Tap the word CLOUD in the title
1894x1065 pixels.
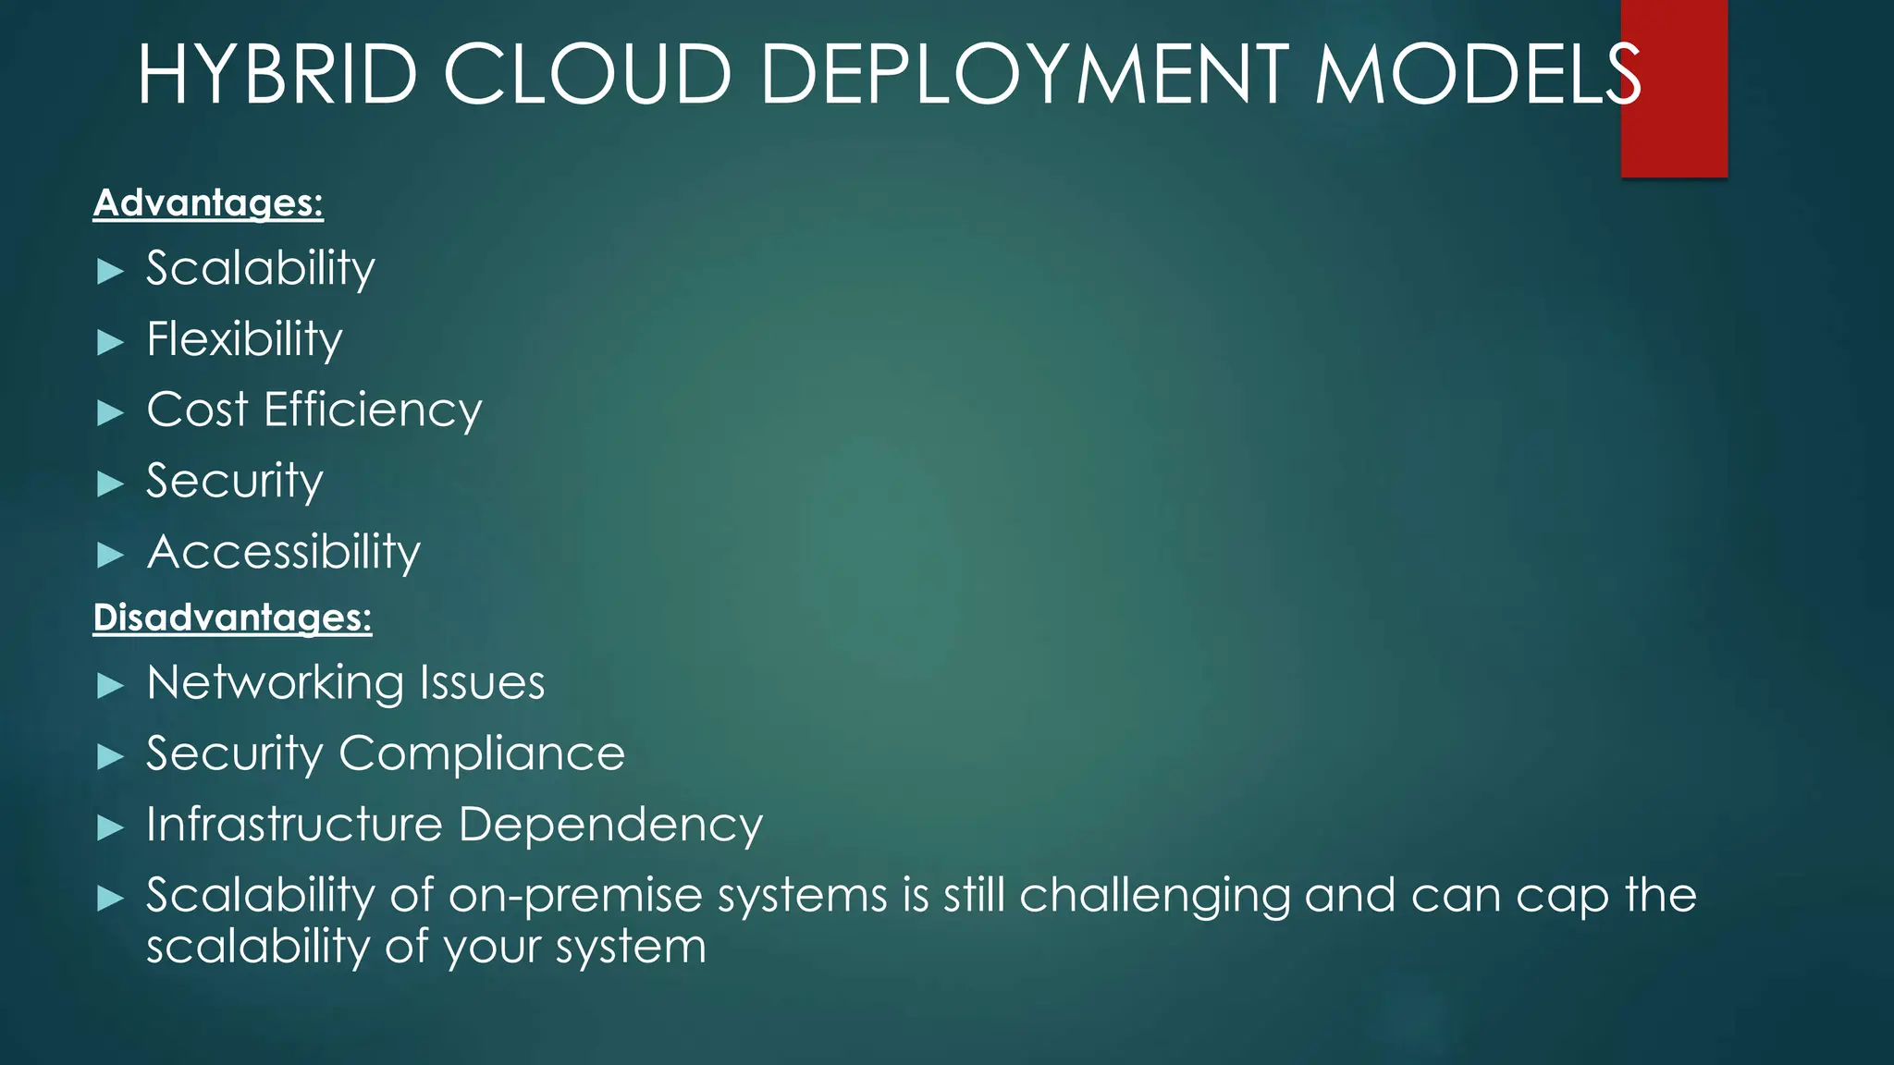pos(588,74)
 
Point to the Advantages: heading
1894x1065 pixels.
pos(208,203)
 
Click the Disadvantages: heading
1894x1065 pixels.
pos(232,618)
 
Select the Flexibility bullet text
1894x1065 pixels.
pos(244,339)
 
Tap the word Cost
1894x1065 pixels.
pos(197,410)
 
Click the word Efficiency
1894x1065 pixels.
pos(373,410)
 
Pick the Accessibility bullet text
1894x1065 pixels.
pos(283,552)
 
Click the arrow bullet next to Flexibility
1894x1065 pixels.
pos(110,343)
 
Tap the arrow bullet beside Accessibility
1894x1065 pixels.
pos(110,556)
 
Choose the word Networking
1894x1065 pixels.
pos(275,684)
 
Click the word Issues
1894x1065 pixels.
pos(482,683)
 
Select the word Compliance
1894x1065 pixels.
pos(482,754)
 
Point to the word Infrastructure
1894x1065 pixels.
pos(294,825)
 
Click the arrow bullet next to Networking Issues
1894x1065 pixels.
pos(110,686)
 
